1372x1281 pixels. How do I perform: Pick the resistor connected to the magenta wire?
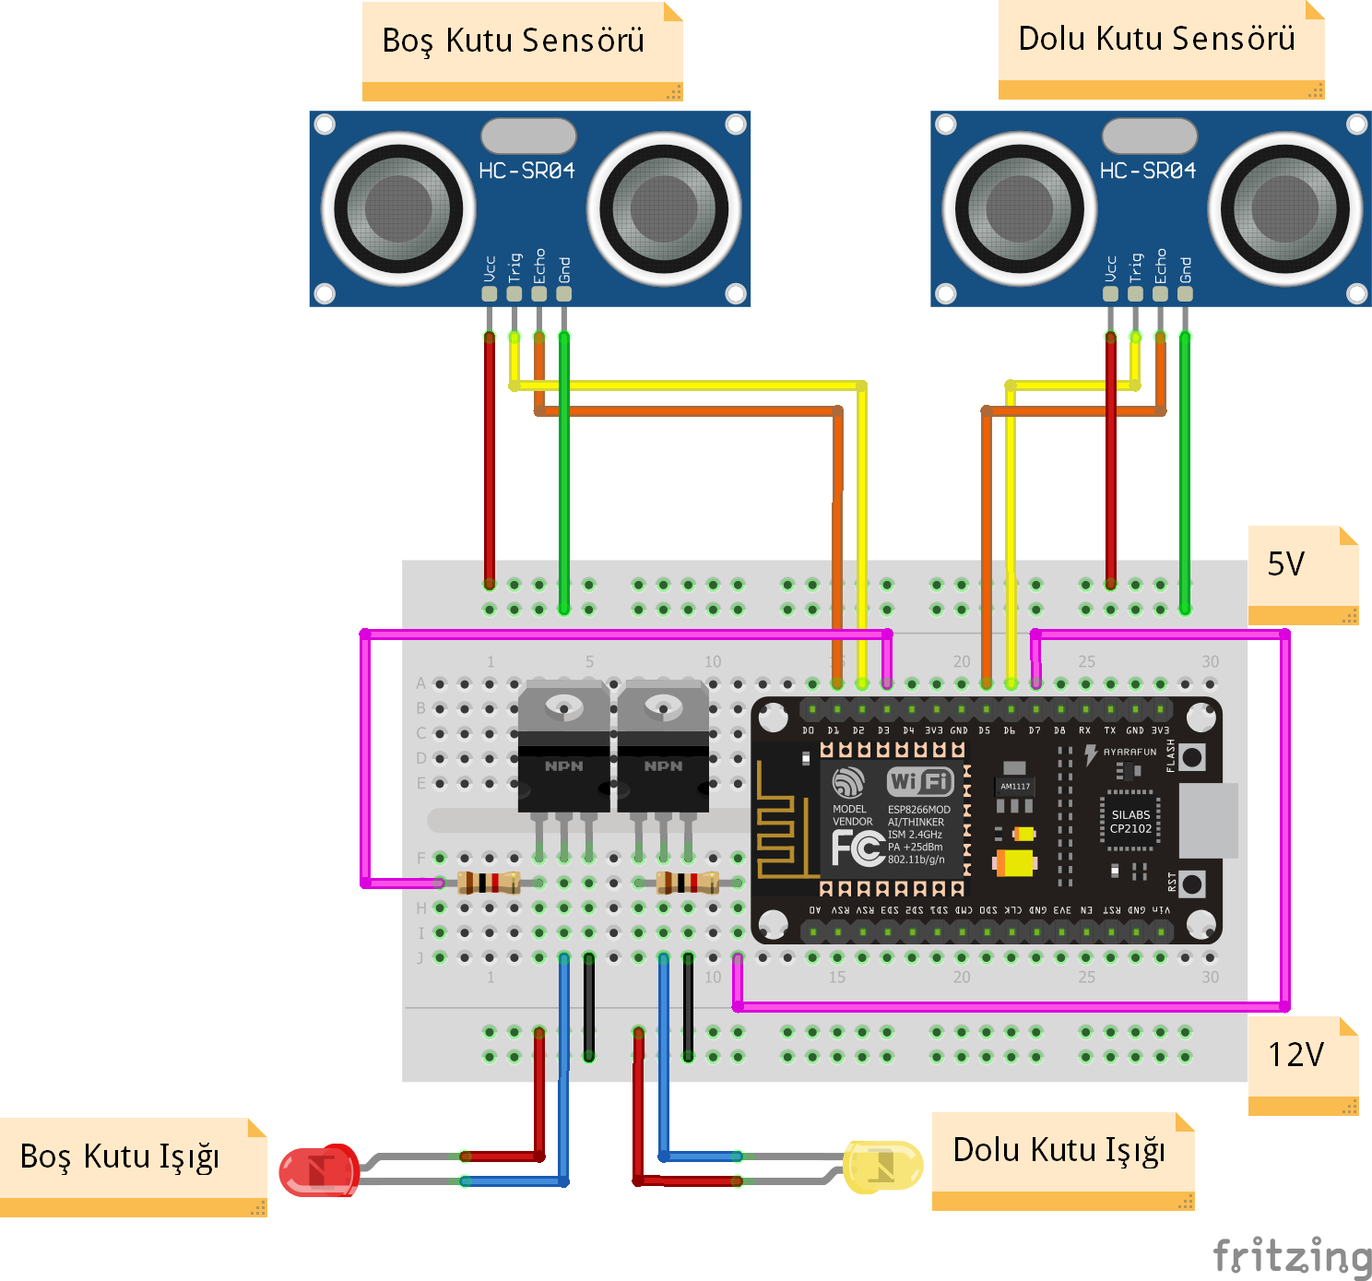pos(489,883)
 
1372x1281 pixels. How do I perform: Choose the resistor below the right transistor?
pos(688,883)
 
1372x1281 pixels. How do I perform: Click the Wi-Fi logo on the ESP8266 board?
pos(919,782)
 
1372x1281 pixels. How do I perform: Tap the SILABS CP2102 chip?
pos(1130,821)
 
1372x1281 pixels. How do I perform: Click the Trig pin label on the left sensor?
pos(514,267)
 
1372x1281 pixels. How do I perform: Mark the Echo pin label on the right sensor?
pos(1161,266)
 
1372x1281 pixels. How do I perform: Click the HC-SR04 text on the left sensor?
pos(526,171)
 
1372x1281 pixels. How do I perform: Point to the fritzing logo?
pos(1292,1255)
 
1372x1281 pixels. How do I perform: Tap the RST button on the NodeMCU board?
pos(1191,884)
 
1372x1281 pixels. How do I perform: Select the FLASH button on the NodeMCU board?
pos(1191,757)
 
